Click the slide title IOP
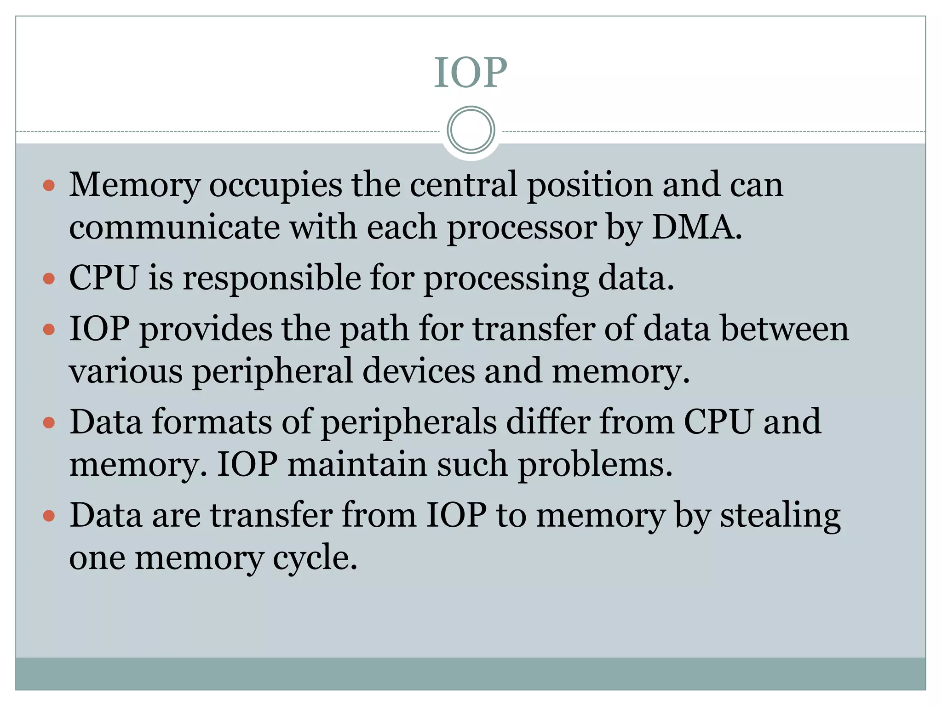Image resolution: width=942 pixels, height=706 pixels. coord(471,72)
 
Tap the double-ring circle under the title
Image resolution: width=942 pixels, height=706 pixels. coord(471,130)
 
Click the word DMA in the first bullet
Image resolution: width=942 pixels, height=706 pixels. coord(696,227)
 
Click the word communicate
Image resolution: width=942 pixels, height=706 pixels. coord(174,227)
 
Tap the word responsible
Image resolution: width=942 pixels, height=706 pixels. coord(272,279)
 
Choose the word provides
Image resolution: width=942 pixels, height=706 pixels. coord(206,329)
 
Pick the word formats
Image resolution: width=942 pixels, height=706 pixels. coord(212,422)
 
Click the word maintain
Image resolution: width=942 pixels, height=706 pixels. coord(357,464)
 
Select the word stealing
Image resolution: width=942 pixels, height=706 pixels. coord(780,516)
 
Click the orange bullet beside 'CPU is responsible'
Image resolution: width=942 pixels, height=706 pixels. coord(49,279)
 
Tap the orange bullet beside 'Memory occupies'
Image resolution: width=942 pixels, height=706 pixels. coord(49,185)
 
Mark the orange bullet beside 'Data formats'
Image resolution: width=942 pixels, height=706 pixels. coord(49,422)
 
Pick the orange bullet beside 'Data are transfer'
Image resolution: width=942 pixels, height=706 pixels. coord(49,516)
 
